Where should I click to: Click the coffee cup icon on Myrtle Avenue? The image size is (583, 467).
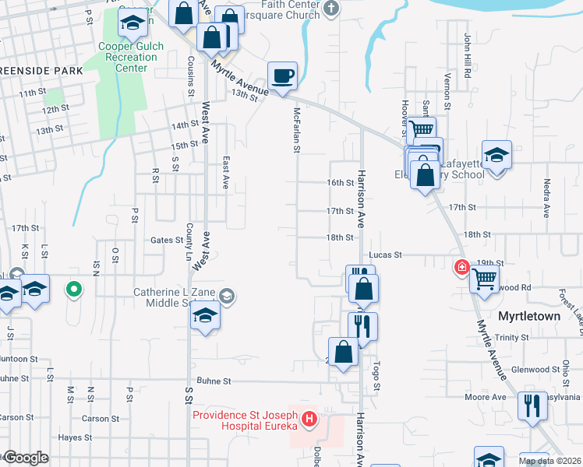coord(282,76)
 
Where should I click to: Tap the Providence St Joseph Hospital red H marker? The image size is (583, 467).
coord(310,421)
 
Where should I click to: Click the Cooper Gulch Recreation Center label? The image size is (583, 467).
coord(131,57)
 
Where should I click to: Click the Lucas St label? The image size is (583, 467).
coord(385,255)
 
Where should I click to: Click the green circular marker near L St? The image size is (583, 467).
coord(74,290)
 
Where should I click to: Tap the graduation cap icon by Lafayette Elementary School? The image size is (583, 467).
coord(496,154)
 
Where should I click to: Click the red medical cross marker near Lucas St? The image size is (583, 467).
coord(462,267)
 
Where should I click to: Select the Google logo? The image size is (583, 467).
coord(26,458)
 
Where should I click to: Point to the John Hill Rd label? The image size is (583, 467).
coord(468,55)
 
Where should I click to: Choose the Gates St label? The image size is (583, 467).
coord(166,241)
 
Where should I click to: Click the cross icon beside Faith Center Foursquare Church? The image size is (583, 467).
coord(332,9)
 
